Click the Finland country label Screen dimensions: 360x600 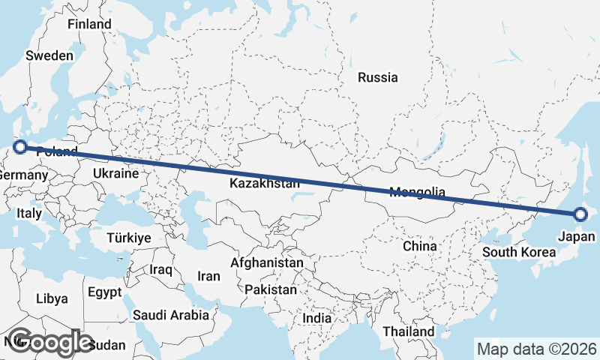coord(89,24)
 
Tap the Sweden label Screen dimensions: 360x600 coord(49,55)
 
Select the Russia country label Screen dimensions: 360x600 coord(377,77)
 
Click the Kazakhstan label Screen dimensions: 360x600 coord(260,184)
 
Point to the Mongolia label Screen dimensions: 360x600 coord(418,192)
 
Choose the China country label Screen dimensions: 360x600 coord(419,246)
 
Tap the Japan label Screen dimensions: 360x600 coord(577,237)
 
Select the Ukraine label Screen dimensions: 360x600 coord(115,173)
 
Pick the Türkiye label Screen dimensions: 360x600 coord(129,237)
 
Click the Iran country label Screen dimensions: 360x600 coord(208,276)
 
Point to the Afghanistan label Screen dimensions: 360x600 coord(267,263)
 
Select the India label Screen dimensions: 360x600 coord(316,319)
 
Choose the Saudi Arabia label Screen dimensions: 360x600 coord(171,316)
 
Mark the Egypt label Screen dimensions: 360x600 coord(104,291)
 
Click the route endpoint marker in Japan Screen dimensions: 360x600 coord(580,214)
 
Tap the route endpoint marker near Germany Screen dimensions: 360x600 coord(20,148)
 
